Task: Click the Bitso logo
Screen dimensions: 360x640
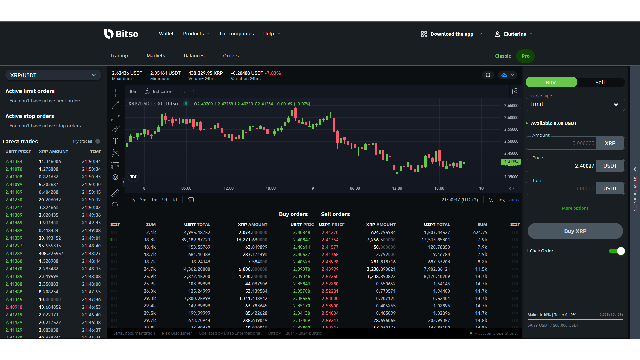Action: [121, 34]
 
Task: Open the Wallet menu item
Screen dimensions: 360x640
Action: [166, 34]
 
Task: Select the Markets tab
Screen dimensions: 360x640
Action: [156, 56]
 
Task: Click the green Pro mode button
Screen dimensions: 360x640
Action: [525, 56]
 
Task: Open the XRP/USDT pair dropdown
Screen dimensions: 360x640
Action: [53, 75]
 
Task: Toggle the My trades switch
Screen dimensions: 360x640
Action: [98, 141]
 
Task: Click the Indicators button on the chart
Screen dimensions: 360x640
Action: [159, 91]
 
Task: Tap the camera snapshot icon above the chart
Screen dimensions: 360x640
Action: [515, 91]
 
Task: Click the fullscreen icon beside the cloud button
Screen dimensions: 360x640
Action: [488, 75]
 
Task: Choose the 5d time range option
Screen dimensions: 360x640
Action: [164, 200]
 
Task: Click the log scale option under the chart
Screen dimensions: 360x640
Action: [501, 200]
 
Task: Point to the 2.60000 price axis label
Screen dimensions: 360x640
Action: [511, 117]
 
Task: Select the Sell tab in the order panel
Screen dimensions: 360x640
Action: [600, 82]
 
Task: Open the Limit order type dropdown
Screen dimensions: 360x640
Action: [575, 104]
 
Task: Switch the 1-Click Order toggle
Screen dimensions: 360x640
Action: [617, 251]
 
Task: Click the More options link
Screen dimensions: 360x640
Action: [575, 208]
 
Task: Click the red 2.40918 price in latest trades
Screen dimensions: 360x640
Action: [14, 307]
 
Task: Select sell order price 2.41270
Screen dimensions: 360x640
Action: [330, 232]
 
